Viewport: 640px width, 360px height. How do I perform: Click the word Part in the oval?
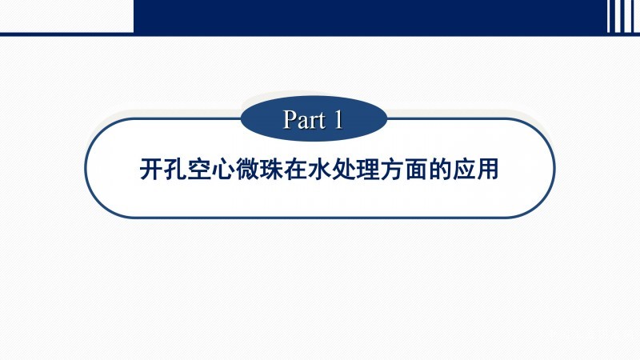[306, 119]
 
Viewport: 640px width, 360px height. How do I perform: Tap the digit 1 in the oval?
[338, 119]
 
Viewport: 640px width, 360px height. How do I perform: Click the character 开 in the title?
[151, 169]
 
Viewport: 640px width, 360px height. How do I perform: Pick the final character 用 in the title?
[488, 169]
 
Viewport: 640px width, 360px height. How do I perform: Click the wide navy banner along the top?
[370, 16]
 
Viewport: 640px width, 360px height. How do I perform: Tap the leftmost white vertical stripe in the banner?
[609, 16]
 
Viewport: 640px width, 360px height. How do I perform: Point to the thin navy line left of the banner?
[67, 34]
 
